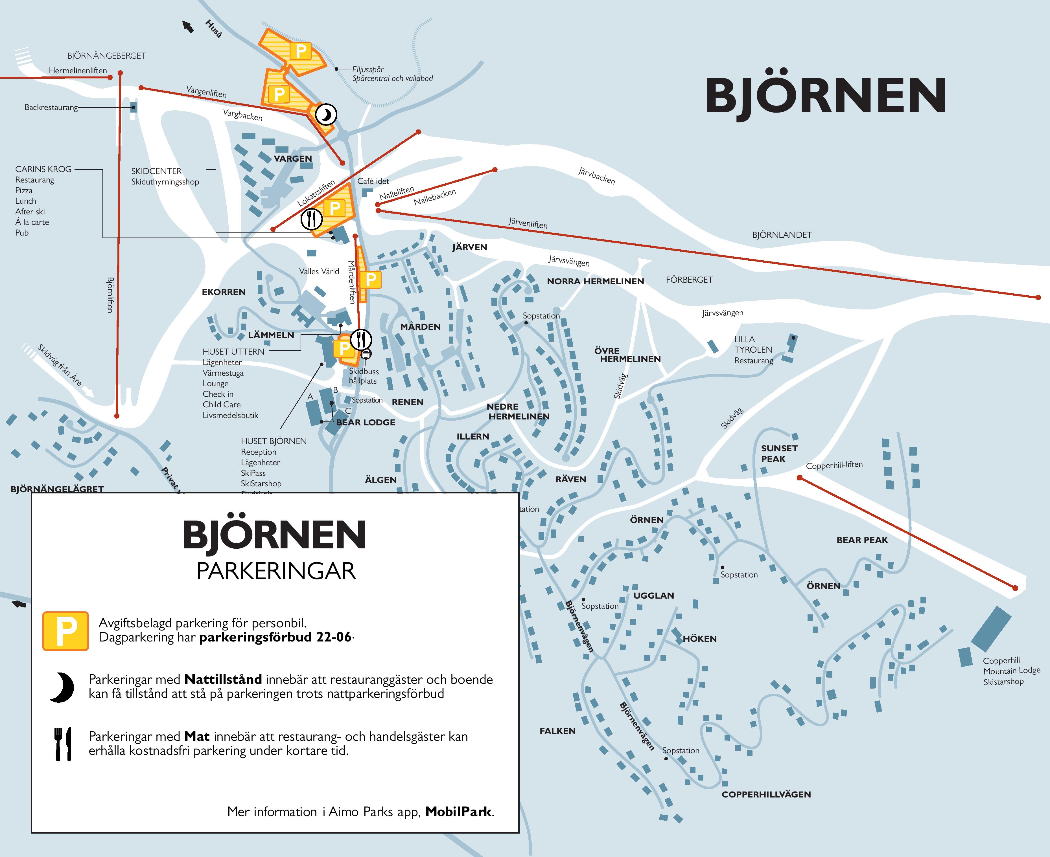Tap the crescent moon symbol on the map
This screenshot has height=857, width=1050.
pos(326,115)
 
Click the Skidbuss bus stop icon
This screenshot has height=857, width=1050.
pos(366,354)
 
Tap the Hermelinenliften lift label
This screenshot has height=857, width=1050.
pos(78,71)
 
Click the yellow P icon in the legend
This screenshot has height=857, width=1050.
pos(66,631)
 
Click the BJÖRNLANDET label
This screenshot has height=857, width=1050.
pos(782,235)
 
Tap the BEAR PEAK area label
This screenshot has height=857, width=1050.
pos(862,540)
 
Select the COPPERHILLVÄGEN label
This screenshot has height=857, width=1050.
pos(766,794)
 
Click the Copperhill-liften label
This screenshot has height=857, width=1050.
pos(834,465)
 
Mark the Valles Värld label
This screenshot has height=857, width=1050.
pos(319,271)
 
